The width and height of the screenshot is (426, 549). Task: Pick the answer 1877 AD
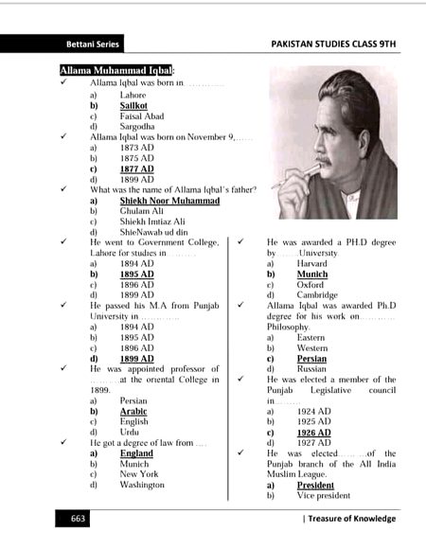click(x=136, y=168)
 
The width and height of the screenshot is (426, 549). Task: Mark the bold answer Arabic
click(x=133, y=412)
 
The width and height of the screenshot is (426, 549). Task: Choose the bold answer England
click(x=136, y=453)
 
